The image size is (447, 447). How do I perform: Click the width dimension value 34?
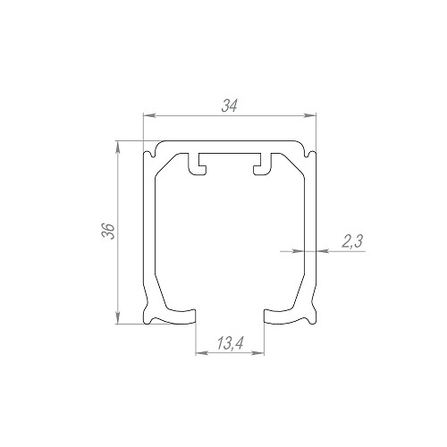click(230, 105)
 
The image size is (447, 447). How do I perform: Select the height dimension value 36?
click(108, 231)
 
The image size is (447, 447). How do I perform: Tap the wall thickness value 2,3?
click(352, 241)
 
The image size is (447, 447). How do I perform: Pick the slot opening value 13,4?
click(230, 343)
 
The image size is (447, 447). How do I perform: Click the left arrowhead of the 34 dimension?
click(149, 115)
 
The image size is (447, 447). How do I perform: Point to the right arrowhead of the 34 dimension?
click(309, 115)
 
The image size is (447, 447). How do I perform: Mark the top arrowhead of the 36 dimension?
click(118, 147)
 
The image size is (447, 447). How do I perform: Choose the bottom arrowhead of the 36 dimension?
click(118, 317)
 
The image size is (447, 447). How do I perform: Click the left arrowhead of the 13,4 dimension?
click(202, 353)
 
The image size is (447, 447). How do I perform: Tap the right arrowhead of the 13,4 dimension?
click(258, 353)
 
